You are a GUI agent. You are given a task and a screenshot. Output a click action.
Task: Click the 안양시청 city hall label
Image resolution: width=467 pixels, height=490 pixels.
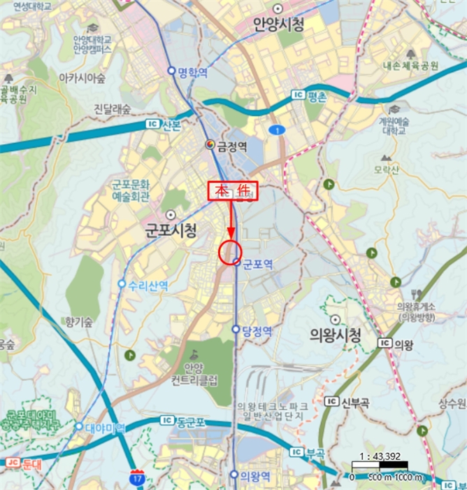(x=278, y=26)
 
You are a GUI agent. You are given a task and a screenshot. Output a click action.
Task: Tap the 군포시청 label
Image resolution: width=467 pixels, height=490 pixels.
(x=171, y=230)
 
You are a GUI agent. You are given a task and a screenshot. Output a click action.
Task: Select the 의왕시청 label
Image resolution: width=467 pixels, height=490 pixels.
(x=335, y=335)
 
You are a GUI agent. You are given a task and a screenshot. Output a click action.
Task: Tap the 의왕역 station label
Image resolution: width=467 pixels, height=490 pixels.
(x=254, y=475)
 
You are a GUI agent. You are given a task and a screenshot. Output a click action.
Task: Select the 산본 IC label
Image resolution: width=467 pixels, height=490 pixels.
(x=166, y=125)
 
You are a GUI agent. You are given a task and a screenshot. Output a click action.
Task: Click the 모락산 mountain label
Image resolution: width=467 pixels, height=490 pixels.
(x=385, y=169)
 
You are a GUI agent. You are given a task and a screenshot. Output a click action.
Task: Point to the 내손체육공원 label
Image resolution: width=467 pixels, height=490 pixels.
(x=410, y=66)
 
